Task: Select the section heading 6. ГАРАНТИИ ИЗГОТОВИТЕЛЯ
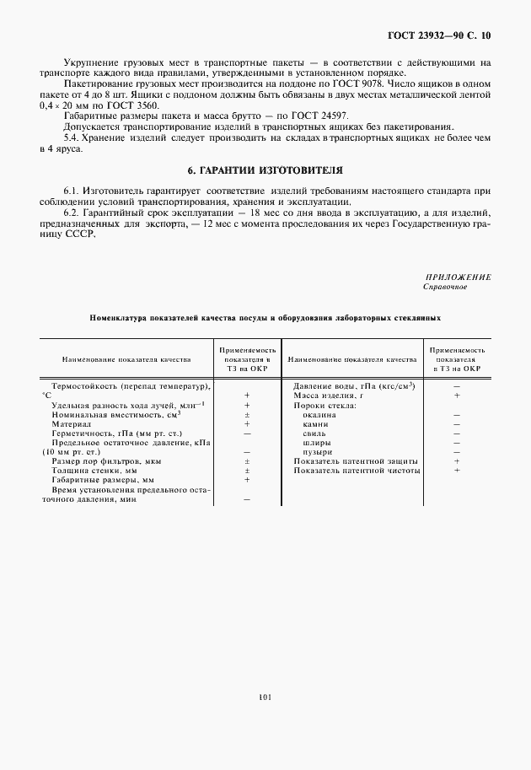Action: click(x=265, y=169)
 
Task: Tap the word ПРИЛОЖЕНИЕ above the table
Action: click(x=460, y=277)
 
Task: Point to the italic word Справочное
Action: click(x=445, y=287)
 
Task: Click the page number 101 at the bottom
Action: click(x=265, y=697)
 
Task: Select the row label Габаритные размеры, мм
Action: click(x=99, y=480)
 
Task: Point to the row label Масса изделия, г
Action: click(x=327, y=395)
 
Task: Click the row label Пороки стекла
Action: click(x=324, y=405)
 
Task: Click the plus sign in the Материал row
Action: click(x=247, y=423)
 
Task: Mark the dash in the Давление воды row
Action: click(x=455, y=385)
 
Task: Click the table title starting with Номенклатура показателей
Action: click(x=265, y=319)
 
